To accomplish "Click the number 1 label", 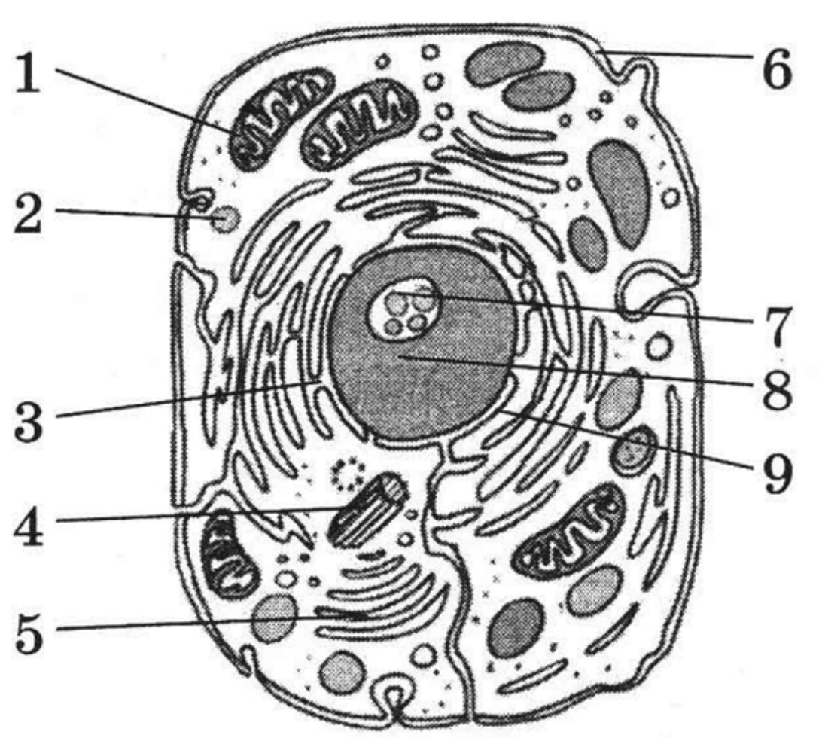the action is click(x=28, y=74).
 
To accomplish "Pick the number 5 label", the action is click(x=28, y=633).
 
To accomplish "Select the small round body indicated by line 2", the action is click(x=226, y=219).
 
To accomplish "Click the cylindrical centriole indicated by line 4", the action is click(x=367, y=510).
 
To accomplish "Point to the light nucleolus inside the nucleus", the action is click(x=405, y=308).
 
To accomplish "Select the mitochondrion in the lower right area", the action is click(x=568, y=528).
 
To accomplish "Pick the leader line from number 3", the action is click(x=189, y=400).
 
